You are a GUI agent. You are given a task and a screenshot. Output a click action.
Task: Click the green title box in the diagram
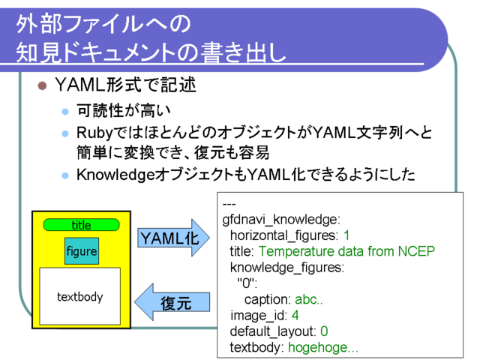(81, 225)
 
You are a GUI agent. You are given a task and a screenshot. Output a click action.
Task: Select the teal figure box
(82, 251)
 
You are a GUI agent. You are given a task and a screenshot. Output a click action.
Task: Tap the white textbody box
(80, 296)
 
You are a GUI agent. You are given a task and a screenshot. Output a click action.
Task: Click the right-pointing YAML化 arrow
(173, 238)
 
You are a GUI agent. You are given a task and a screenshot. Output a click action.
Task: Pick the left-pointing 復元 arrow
(172, 302)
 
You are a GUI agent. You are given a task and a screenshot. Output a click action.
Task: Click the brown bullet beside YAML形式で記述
(42, 85)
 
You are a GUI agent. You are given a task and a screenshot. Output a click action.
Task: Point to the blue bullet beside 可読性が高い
(65, 112)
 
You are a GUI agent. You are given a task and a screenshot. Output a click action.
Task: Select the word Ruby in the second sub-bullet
(95, 133)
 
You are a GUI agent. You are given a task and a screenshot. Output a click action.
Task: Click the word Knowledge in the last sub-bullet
(115, 175)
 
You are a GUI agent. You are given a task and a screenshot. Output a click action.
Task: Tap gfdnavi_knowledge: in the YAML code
(281, 220)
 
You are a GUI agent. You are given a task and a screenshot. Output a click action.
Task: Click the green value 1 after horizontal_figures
(346, 235)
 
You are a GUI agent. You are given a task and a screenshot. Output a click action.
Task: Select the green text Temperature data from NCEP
(346, 251)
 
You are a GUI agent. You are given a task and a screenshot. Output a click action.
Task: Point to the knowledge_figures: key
(287, 268)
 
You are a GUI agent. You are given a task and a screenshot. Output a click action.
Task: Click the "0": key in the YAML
(247, 283)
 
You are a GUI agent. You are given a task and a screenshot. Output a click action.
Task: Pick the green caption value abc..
(308, 299)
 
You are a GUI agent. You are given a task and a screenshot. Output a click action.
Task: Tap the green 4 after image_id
(295, 315)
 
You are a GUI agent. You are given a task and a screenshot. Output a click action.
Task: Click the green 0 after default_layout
(324, 331)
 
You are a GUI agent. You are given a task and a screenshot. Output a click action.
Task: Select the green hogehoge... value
(323, 347)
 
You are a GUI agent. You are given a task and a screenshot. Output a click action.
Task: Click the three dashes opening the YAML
(229, 204)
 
